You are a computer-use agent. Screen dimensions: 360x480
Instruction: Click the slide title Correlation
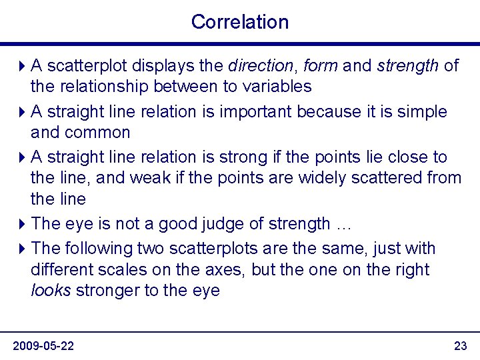pos(240,21)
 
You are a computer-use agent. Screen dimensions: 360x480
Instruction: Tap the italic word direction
pos(261,66)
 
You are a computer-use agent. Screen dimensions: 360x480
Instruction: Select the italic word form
pos(322,66)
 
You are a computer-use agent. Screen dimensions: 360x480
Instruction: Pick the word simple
pos(422,112)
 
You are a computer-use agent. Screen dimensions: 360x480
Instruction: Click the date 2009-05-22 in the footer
pos(43,345)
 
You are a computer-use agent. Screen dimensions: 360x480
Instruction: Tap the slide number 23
pos(460,345)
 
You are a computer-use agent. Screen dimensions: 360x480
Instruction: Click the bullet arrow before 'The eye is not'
pos(23,224)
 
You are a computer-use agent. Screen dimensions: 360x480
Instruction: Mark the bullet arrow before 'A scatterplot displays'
pos(23,66)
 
